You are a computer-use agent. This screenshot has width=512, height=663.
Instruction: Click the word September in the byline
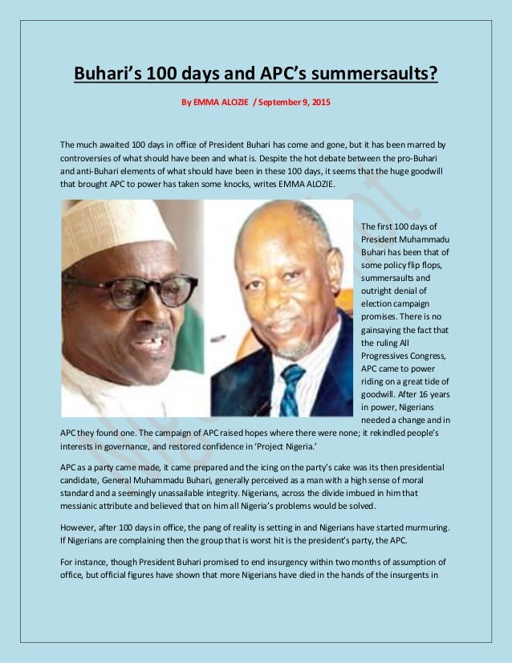click(x=278, y=104)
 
